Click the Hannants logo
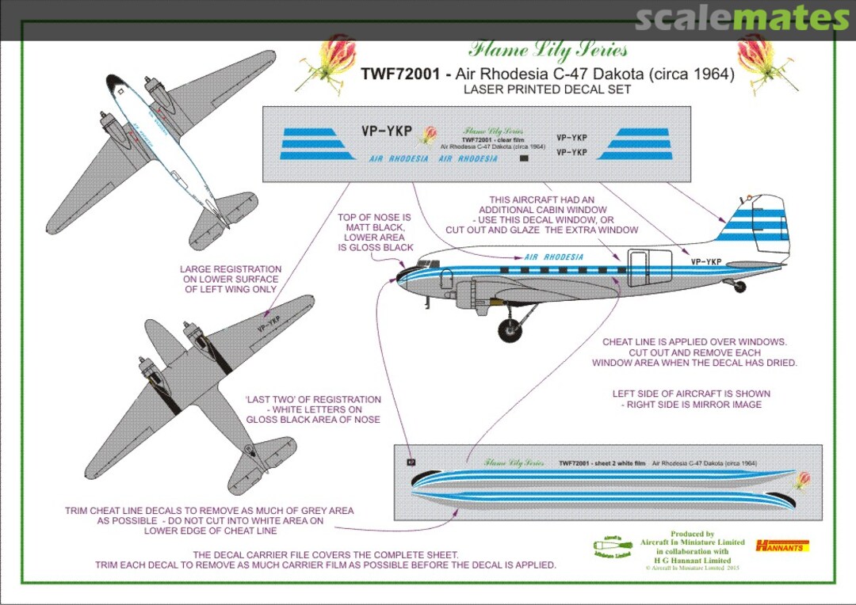pyautogui.click(x=781, y=546)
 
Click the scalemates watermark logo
pyautogui.click(x=742, y=18)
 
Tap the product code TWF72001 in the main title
pyautogui.click(x=398, y=74)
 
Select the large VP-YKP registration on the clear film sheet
pyautogui.click(x=388, y=131)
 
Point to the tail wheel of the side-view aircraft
pyautogui.click(x=739, y=287)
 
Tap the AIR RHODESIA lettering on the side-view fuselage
pyautogui.click(x=553, y=257)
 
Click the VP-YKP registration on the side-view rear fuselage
pyautogui.click(x=705, y=262)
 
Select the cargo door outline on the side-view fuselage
pyautogui.click(x=644, y=268)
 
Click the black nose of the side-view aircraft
pyautogui.click(x=406, y=274)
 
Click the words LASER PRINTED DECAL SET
pyautogui.click(x=547, y=89)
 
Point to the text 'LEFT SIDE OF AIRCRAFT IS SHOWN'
pyautogui.click(x=690, y=394)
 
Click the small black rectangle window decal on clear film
pyautogui.click(x=523, y=158)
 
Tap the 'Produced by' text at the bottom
pyautogui.click(x=692, y=535)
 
